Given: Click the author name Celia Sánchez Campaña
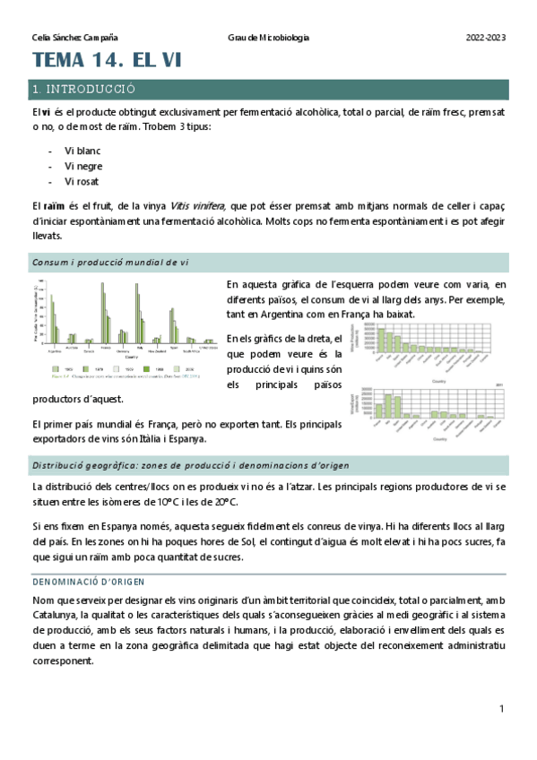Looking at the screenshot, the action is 74,38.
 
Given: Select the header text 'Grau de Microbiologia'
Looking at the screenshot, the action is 269,38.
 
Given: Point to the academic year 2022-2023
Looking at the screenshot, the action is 486,38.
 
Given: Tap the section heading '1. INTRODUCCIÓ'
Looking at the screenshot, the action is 82,90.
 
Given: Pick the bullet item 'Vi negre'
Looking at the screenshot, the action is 83,166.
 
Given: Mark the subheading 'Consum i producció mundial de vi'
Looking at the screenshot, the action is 110,263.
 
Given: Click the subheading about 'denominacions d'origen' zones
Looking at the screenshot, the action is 191,466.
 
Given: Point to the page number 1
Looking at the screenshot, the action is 502,708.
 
